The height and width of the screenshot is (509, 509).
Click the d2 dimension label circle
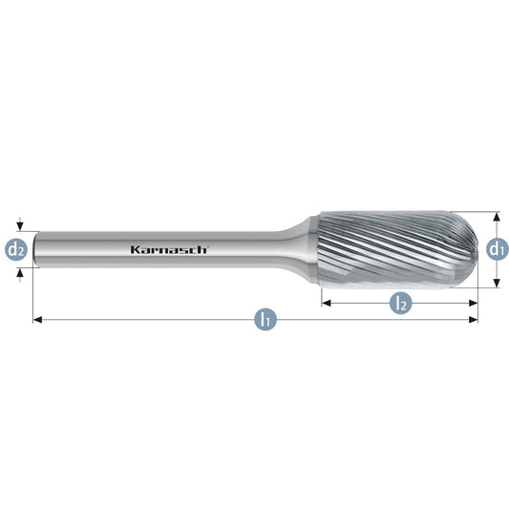(15, 249)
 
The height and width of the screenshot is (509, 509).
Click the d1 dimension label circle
(498, 249)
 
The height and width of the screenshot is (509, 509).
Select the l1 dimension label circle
(265, 320)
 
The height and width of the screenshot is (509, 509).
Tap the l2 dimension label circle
(400, 303)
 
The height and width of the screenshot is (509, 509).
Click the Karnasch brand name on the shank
(168, 249)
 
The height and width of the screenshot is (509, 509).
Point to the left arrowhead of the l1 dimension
(37, 320)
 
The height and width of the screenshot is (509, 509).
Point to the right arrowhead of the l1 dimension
(474, 320)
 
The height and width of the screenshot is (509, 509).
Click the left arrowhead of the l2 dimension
(327, 303)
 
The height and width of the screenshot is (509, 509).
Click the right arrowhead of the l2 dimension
(474, 303)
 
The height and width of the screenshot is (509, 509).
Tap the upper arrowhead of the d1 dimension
(496, 217)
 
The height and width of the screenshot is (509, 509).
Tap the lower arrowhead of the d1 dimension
(496, 283)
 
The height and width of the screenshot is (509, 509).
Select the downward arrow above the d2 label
(20, 224)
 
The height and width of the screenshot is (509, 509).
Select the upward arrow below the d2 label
(20, 275)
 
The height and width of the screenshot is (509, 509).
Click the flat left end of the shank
(35, 249)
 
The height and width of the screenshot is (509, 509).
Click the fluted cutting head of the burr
(397, 249)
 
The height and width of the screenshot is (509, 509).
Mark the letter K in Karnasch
(135, 249)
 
